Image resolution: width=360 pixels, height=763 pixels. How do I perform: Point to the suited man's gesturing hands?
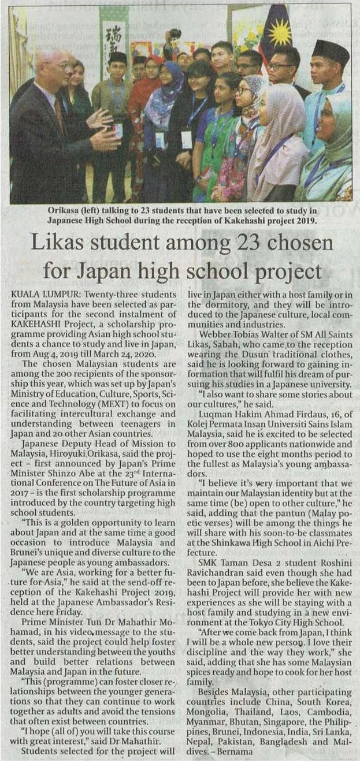click(103, 130)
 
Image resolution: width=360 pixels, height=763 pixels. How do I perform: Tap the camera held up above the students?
click(175, 34)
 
